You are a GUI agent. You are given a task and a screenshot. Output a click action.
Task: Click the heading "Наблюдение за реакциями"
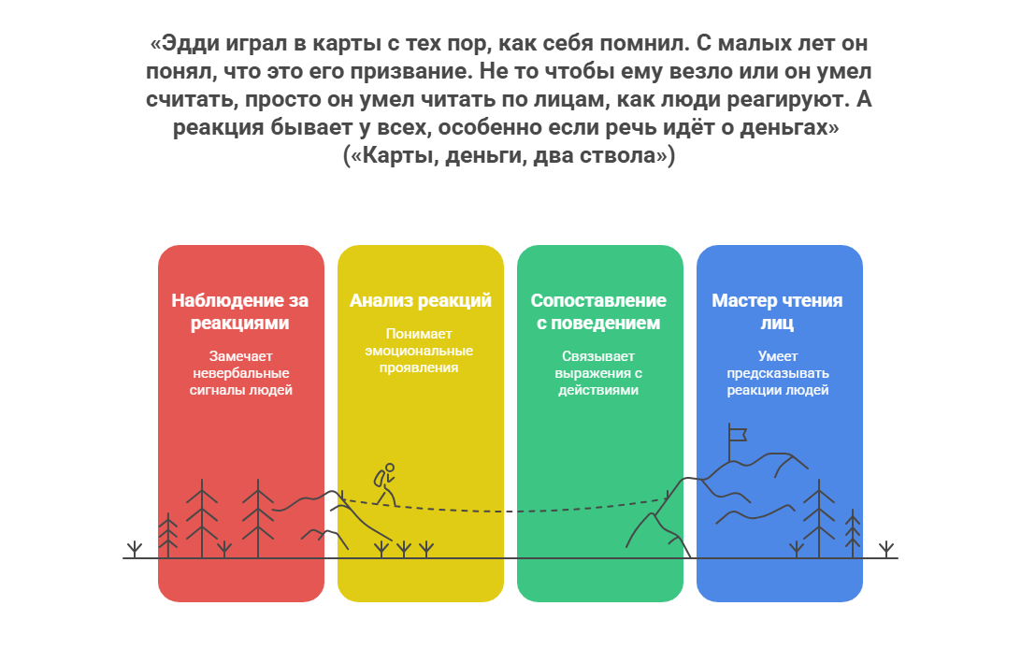click(x=239, y=311)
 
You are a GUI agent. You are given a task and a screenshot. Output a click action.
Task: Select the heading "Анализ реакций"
click(x=420, y=301)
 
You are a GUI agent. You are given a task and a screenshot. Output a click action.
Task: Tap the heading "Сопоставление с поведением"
click(x=598, y=311)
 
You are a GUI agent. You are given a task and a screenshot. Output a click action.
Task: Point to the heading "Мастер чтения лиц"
click(x=778, y=311)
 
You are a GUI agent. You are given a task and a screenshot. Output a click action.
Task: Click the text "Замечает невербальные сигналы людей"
click(x=241, y=373)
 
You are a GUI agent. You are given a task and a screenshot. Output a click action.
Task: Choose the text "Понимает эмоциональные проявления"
click(x=419, y=350)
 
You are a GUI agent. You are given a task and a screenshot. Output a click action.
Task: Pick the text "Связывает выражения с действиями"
click(x=598, y=373)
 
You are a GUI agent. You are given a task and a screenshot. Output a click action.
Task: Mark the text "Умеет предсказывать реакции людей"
click(x=778, y=373)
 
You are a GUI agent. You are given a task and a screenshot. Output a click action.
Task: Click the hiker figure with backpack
click(x=385, y=484)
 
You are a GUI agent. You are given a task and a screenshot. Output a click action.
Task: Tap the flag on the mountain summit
click(x=737, y=434)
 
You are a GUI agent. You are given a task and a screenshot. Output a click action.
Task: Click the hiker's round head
click(x=390, y=468)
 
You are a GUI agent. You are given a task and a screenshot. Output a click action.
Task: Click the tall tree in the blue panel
click(x=818, y=519)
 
